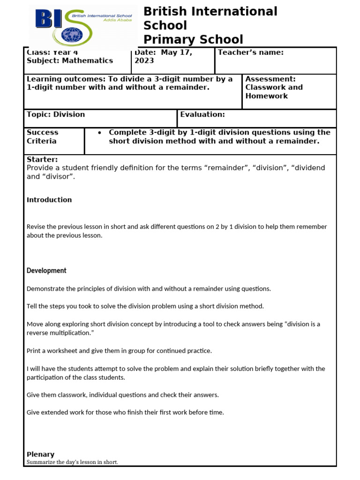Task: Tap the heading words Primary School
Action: click(193, 39)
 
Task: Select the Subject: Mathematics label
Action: click(70, 60)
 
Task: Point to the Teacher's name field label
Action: click(251, 52)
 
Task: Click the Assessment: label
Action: click(270, 79)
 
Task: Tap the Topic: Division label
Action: click(56, 114)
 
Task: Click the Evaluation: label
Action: click(202, 114)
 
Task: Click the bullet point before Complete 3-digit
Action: click(100, 133)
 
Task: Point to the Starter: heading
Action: click(42, 159)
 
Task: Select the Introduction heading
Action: click(49, 200)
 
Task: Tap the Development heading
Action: click(46, 270)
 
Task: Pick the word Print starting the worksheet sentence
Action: click(34, 351)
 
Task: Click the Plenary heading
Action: click(40, 454)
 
